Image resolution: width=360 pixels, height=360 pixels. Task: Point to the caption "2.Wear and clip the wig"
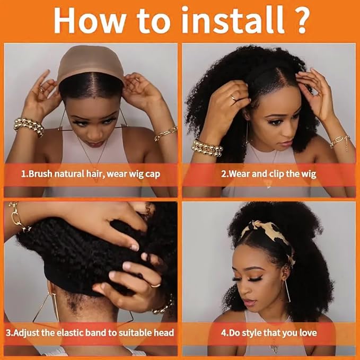pyautogui.click(x=268, y=174)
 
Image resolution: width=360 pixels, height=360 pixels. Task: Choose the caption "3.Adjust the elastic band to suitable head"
pyautogui.click(x=90, y=333)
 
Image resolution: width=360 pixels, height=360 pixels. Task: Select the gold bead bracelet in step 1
pyautogui.click(x=28, y=126)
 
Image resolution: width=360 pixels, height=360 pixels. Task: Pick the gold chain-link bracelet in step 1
pyautogui.click(x=165, y=134)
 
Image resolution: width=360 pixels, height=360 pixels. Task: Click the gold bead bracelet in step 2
pyautogui.click(x=207, y=148)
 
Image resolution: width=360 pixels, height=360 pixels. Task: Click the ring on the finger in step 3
pyautogui.click(x=155, y=285)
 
